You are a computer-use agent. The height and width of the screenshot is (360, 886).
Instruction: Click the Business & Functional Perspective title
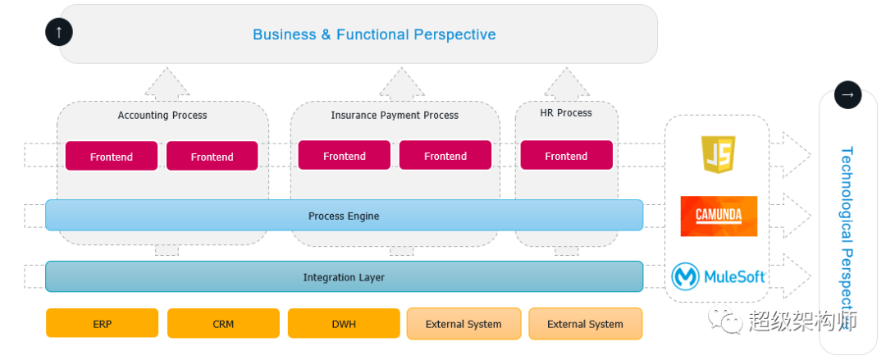374,34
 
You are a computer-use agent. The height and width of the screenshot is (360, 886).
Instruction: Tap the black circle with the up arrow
59,32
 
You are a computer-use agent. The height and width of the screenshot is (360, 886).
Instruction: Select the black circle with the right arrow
847,95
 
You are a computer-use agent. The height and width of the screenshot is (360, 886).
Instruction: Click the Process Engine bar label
344,216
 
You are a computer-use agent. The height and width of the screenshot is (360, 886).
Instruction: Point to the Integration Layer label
344,277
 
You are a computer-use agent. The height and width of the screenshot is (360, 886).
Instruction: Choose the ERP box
103,323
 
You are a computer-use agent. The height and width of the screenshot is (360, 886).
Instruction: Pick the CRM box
223,323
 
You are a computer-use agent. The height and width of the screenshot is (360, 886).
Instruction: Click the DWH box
344,323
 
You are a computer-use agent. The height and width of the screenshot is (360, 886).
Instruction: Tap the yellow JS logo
718,154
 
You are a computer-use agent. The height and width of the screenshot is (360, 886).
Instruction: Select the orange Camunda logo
719,216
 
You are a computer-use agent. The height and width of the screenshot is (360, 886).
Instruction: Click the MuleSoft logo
718,277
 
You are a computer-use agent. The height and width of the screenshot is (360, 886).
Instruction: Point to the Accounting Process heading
162,116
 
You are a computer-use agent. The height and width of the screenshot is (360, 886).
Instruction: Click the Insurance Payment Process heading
395,116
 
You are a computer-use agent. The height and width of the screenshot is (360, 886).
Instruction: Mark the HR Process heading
565,113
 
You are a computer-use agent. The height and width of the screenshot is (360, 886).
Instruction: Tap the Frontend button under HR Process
566,156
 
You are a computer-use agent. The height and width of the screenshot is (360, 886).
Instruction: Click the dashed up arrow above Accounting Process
167,82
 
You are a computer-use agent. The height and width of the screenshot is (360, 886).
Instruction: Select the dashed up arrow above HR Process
566,82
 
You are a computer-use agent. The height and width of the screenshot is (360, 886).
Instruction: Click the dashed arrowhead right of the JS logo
797,155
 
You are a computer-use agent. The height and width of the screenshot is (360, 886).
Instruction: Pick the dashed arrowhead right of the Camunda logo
797,216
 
